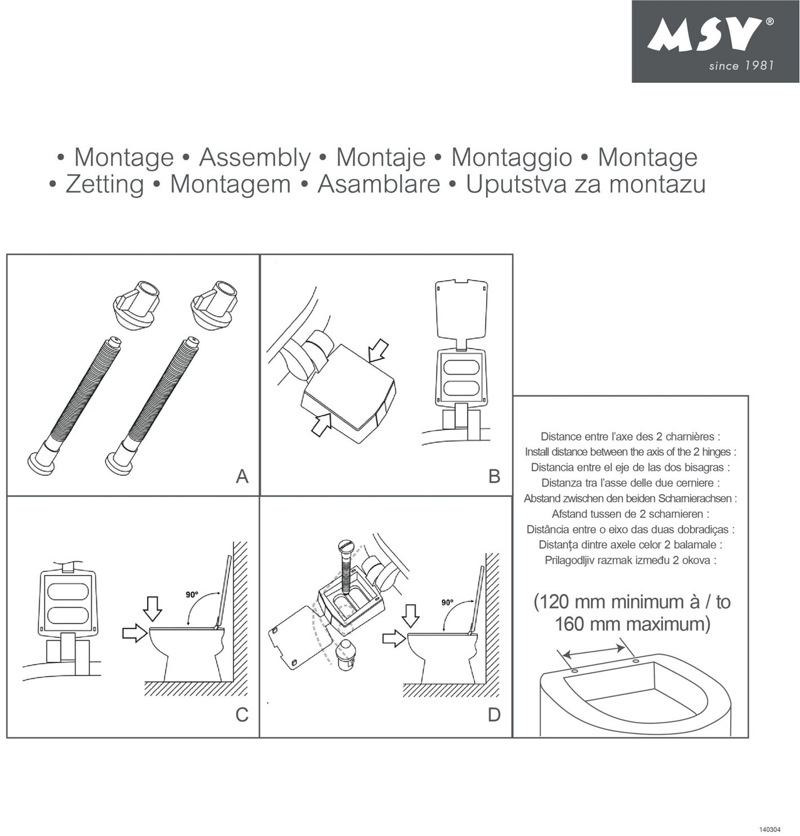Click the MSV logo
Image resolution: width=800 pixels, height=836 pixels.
tap(715, 42)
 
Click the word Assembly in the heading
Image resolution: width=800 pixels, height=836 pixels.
tap(255, 158)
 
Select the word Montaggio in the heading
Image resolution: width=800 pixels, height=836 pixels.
tap(512, 158)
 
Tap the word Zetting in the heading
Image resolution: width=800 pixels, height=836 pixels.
tap(105, 184)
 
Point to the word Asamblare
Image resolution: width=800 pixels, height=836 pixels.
tap(379, 184)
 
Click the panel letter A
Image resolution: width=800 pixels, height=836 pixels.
tap(242, 476)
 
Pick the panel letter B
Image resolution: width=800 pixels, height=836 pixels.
tap(495, 476)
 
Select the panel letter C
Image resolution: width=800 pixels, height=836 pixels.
tap(242, 715)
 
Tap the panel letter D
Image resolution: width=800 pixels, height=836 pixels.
tap(495, 715)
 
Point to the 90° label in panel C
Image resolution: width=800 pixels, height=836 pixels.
tap(192, 594)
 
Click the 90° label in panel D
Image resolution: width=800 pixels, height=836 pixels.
tap(448, 602)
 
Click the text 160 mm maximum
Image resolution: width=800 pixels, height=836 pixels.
tap(632, 624)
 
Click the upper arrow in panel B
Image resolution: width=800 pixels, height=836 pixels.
tap(378, 350)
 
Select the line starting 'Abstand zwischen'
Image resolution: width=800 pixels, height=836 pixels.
tap(630, 499)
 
